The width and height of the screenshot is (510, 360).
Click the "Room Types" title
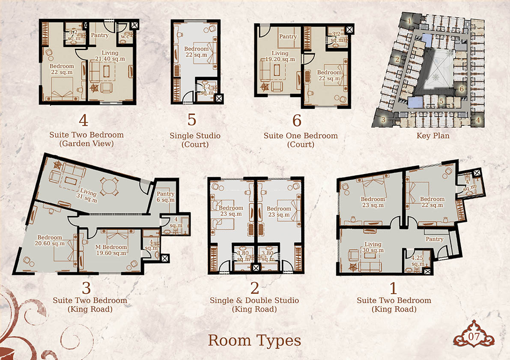254,341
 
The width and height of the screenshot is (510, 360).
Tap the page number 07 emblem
474,335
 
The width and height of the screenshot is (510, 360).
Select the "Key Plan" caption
433,136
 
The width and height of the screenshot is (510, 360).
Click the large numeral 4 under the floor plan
84,120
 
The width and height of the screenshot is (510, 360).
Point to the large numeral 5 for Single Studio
192,119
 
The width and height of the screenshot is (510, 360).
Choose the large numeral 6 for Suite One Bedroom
297,120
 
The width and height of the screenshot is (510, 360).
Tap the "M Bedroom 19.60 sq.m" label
111,250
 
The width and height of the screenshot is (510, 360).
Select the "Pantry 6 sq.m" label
166,197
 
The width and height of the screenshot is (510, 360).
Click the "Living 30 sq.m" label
373,247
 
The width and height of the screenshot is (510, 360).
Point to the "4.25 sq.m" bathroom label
418,261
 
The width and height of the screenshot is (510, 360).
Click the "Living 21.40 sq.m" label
110,56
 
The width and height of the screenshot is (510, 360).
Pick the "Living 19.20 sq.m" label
280,56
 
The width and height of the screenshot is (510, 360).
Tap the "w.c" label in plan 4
125,36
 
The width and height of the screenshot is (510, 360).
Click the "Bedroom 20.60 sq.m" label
50,240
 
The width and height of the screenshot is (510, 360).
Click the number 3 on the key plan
384,119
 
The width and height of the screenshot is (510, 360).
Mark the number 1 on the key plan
409,21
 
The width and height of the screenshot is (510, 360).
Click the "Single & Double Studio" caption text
254,300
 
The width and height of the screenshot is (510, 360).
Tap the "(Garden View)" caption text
86,143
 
